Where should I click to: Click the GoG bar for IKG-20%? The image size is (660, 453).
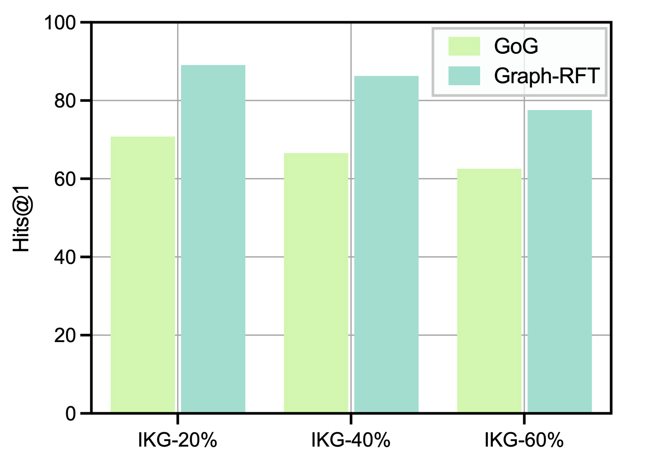tap(143, 275)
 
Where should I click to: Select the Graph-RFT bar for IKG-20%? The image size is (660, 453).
tap(213, 239)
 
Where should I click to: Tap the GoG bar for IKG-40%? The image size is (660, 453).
tap(316, 283)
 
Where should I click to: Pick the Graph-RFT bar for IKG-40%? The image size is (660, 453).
tap(386, 244)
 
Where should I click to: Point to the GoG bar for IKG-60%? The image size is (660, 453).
tap(489, 291)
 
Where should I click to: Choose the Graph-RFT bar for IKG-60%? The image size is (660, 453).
tap(559, 261)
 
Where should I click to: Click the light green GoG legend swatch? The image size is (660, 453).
tap(464, 46)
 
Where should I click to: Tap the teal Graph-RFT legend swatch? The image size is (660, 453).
tap(464, 76)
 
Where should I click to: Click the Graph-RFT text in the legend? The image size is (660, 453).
tap(547, 76)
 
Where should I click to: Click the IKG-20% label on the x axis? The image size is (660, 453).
tap(177, 440)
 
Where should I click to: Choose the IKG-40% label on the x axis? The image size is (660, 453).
tap(351, 440)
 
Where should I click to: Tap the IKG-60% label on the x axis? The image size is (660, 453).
tap(524, 440)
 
